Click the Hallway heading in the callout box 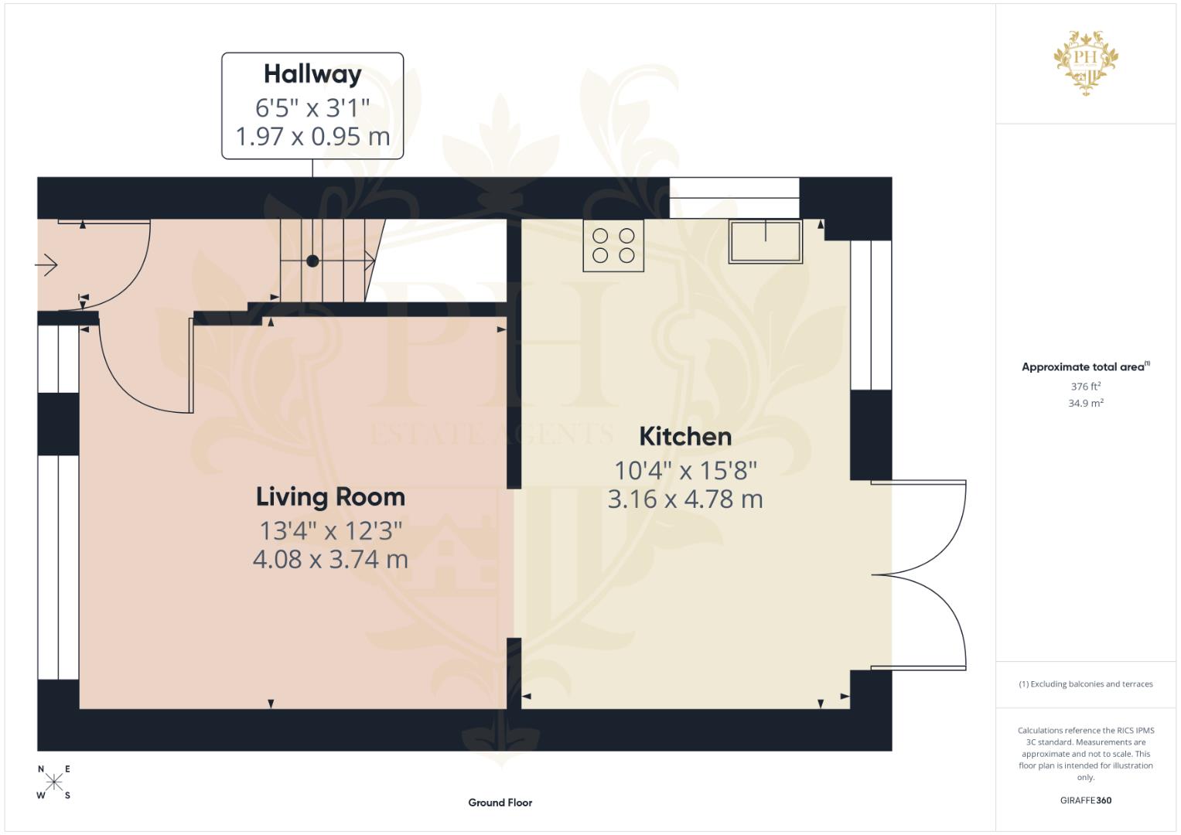pyautogui.click(x=312, y=74)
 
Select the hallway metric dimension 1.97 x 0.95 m pyautogui.click(x=312, y=137)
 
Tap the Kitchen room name pyautogui.click(x=685, y=437)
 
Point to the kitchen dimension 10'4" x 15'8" pyautogui.click(x=685, y=470)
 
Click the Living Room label pyautogui.click(x=330, y=497)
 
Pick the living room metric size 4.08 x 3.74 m pyautogui.click(x=330, y=560)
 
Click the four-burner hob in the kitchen pyautogui.click(x=613, y=246)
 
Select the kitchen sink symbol pyautogui.click(x=766, y=241)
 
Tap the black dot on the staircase pyautogui.click(x=312, y=261)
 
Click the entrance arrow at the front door pyautogui.click(x=46, y=265)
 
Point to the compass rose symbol pyautogui.click(x=53, y=782)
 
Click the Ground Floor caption pyautogui.click(x=500, y=803)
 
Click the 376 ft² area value pyautogui.click(x=1085, y=387)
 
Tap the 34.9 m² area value pyautogui.click(x=1085, y=403)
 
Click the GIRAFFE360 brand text pyautogui.click(x=1085, y=800)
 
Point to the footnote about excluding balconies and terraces pyautogui.click(x=1085, y=684)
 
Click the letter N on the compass pyautogui.click(x=41, y=769)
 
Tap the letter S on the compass pyautogui.click(x=67, y=796)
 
